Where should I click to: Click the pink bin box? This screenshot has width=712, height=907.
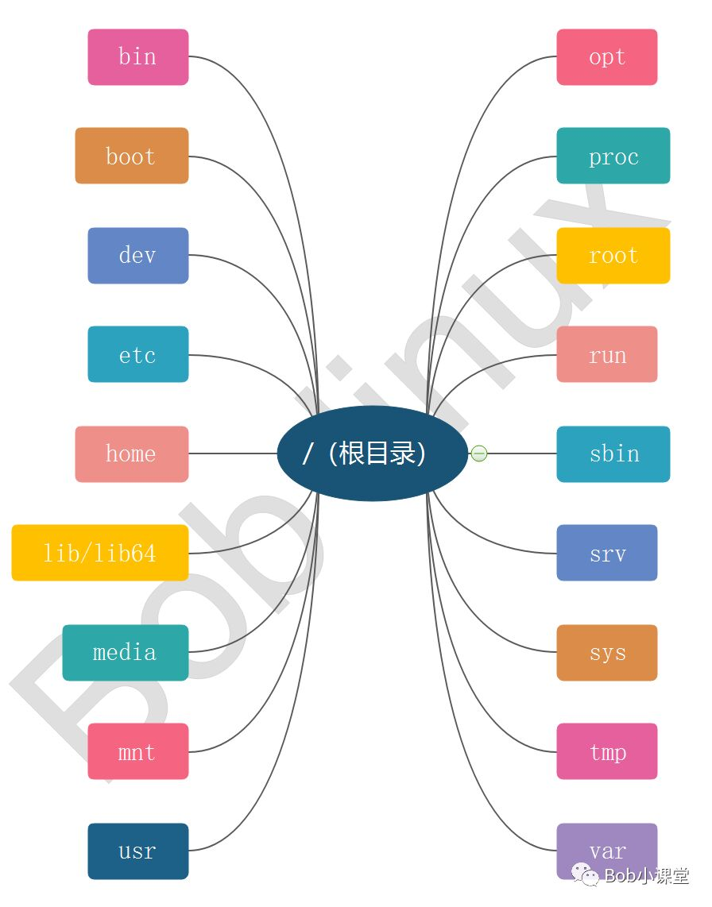tap(137, 57)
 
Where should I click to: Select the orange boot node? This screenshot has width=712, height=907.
tap(131, 156)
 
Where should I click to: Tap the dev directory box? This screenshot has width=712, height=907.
tap(137, 256)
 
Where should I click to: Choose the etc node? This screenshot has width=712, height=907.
tap(137, 354)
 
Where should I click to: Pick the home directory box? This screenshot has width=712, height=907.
tap(131, 454)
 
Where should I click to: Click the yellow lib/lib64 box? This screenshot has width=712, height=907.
tap(99, 553)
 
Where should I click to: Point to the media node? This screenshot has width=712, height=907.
tap(125, 653)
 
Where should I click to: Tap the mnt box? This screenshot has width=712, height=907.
tap(137, 751)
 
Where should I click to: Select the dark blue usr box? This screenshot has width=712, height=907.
tap(137, 851)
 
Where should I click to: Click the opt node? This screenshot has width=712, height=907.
tap(606, 57)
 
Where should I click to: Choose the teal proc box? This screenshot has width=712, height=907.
tap(613, 156)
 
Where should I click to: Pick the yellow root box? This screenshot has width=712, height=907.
tap(613, 256)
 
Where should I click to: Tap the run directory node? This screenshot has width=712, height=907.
tap(606, 354)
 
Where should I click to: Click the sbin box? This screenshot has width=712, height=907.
tap(613, 454)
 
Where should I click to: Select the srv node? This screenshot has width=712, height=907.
tap(606, 553)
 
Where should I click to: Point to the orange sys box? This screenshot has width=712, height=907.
tap(606, 653)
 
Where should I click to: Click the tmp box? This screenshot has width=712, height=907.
tap(606, 751)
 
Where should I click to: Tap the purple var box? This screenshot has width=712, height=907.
tap(606, 850)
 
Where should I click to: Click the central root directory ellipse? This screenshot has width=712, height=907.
tap(372, 453)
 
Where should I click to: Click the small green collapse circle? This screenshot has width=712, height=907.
tap(478, 453)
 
